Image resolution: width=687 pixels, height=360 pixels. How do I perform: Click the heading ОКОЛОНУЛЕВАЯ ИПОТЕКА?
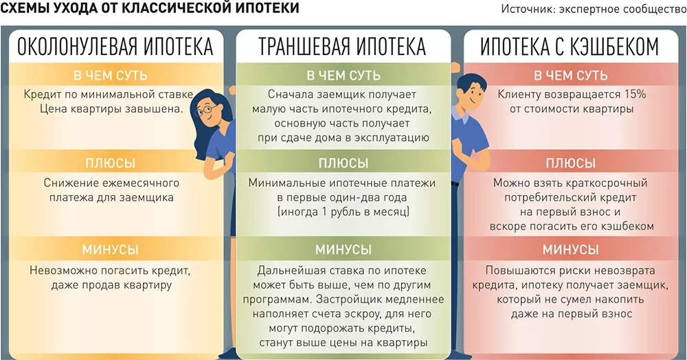coord(115,47)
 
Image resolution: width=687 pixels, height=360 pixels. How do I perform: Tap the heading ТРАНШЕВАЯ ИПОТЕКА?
coord(342,47)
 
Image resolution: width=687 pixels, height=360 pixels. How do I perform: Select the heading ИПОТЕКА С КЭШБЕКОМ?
coord(570,47)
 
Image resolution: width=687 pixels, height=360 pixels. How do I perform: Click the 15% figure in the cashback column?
coord(635,94)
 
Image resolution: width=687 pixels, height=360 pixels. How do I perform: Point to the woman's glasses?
coord(205,109)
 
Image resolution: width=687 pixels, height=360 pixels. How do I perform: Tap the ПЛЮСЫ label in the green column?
coord(343,163)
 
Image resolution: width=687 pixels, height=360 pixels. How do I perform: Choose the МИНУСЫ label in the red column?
coord(570,249)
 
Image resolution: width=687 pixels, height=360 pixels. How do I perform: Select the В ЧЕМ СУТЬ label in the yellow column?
coord(111,76)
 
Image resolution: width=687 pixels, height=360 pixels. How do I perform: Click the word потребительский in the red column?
coord(552,197)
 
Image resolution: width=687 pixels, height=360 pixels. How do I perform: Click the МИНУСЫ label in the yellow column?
coord(110,249)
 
